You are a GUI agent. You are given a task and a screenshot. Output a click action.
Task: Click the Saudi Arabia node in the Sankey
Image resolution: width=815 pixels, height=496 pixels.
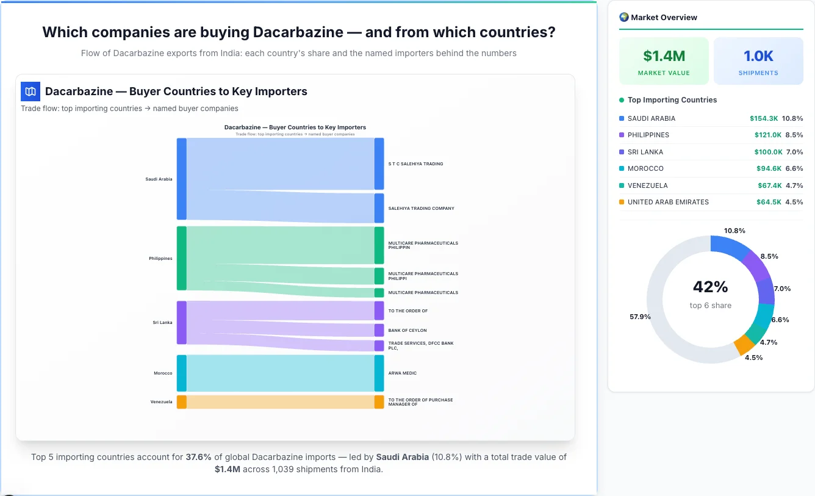coord(181,179)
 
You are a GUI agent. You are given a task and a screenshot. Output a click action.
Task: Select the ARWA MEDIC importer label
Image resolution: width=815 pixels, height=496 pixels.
coord(402,373)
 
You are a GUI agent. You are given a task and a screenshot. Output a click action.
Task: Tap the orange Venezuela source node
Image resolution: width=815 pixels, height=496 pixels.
coord(181,402)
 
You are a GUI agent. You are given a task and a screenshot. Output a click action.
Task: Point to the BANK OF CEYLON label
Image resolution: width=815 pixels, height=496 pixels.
coord(408,331)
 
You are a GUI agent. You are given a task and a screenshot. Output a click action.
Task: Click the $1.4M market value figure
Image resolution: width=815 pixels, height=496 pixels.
coord(664,56)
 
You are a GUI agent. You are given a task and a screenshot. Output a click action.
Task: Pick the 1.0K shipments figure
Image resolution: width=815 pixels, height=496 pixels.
coord(758,56)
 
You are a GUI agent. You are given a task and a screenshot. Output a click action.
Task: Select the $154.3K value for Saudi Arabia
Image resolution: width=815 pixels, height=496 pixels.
coord(764,118)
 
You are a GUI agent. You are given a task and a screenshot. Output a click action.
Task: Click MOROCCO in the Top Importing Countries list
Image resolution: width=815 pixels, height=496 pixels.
coord(645,168)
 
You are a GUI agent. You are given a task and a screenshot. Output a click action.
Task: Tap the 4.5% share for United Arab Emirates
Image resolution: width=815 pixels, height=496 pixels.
coord(794,202)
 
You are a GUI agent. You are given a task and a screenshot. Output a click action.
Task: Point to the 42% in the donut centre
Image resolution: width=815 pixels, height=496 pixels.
coord(710,287)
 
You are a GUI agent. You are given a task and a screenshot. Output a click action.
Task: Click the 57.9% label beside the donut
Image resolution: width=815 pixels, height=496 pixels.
coord(640,317)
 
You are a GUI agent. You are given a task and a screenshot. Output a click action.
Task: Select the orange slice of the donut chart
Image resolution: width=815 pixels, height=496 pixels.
coord(744,345)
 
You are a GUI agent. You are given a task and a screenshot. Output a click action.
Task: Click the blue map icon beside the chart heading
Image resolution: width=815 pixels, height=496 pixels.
coord(31,92)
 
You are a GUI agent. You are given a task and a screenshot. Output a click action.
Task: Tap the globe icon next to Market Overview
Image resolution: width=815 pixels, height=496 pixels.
coord(624,17)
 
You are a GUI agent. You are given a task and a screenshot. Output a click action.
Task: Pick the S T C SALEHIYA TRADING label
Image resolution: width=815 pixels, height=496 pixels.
coord(415,164)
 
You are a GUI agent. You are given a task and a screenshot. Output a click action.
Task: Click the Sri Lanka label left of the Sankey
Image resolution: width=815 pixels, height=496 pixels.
coord(162,322)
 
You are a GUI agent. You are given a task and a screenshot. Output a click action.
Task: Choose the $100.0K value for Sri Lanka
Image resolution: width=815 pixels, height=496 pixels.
coord(768,152)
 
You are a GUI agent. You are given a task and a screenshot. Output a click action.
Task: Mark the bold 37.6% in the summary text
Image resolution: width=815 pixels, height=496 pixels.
coord(198,457)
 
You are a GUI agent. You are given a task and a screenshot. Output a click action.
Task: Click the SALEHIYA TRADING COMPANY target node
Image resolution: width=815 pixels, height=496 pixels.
coord(379,208)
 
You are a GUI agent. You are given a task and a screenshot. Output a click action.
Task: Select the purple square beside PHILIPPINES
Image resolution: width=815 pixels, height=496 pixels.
coord(622,135)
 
